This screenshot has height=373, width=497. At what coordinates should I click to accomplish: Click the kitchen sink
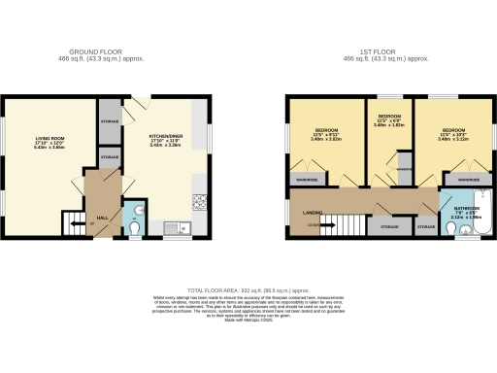pos(181,229)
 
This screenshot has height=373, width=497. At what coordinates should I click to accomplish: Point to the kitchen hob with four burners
pos(200,203)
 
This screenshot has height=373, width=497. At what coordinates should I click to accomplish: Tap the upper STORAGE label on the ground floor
pos(109,122)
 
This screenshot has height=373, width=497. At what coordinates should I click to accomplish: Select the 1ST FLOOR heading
pos(387,52)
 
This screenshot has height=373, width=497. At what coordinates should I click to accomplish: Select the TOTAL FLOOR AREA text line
pos(248,289)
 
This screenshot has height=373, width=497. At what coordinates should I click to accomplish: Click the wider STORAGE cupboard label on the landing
pos(389,226)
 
